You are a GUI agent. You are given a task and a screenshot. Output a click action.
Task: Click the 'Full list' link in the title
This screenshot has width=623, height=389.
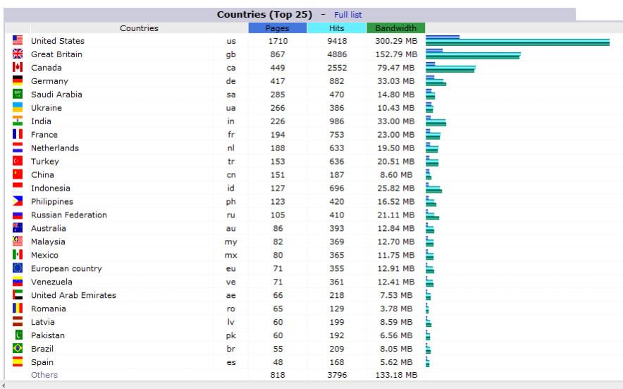click(348, 14)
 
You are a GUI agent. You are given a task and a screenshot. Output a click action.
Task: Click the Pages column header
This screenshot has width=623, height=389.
click(277, 28)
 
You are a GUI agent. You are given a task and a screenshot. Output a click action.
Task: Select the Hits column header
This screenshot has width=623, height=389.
click(336, 28)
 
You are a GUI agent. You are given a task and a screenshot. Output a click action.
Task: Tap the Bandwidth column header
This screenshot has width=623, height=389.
click(395, 28)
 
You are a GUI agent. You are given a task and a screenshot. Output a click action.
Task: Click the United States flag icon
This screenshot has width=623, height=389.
click(18, 41)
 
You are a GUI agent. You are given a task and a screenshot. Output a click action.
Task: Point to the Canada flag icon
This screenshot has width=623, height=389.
click(18, 68)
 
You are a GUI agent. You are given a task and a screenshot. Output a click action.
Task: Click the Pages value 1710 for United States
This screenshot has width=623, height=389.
click(277, 41)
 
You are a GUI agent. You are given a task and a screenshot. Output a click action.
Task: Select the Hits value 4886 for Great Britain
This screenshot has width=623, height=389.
click(336, 54)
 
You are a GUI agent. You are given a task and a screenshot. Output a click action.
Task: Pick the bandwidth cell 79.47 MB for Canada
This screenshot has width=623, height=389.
click(395, 68)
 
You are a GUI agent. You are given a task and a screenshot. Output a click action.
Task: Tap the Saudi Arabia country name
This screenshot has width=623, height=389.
click(56, 95)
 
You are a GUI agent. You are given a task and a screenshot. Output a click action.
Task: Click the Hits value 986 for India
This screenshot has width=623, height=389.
click(336, 121)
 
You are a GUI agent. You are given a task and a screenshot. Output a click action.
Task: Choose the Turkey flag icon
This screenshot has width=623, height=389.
click(18, 162)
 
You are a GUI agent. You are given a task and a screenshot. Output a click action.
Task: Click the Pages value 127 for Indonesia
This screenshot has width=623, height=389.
click(277, 188)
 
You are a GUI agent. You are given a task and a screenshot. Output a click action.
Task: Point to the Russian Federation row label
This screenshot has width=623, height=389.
click(69, 215)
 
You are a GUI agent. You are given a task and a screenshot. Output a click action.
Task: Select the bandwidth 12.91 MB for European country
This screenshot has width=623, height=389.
click(395, 268)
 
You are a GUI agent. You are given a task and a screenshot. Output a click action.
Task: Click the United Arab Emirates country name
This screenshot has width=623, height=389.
click(73, 295)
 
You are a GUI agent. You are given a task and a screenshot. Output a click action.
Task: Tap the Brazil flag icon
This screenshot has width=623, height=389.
click(18, 349)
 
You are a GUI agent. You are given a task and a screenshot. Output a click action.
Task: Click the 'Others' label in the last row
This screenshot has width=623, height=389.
click(44, 375)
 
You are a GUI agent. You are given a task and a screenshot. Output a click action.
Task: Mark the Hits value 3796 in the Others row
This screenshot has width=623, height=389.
click(336, 375)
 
